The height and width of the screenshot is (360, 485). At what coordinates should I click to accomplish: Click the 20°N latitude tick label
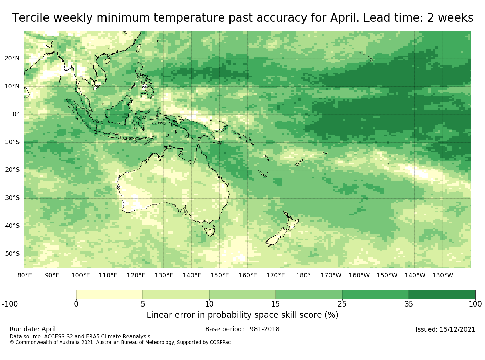click(12, 58)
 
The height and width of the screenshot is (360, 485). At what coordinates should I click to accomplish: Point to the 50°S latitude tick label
click(12, 254)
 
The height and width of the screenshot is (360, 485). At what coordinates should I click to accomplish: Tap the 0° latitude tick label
click(16, 114)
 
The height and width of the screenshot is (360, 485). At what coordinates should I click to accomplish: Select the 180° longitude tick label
click(303, 275)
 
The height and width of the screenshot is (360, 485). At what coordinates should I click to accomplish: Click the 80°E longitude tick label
click(25, 275)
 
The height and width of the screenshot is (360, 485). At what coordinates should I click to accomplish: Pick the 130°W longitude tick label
click(443, 275)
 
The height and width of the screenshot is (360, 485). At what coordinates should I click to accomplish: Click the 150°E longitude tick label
click(220, 275)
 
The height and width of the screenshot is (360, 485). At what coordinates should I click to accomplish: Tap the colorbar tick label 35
click(409, 304)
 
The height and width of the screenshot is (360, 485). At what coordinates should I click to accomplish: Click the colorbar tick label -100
click(10, 304)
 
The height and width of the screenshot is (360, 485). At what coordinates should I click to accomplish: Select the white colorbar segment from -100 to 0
click(43, 295)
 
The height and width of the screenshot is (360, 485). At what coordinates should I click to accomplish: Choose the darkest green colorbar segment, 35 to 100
click(442, 295)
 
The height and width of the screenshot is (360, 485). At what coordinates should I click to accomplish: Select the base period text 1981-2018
click(263, 329)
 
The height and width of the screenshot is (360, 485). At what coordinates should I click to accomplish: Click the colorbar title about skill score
click(242, 315)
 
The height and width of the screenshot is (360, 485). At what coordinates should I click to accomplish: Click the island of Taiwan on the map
click(139, 48)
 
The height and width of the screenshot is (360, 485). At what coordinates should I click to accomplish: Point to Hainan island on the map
click(107, 61)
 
